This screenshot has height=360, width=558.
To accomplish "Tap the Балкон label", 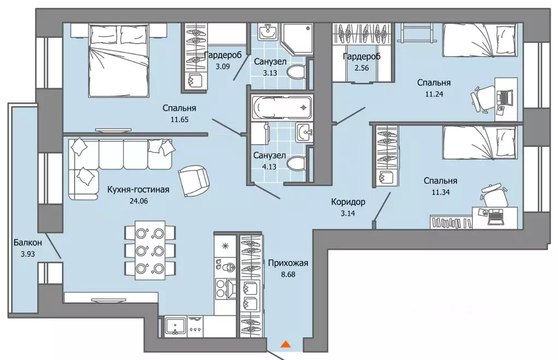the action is pos(28,243).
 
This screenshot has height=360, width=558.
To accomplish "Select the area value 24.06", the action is pos(139,201).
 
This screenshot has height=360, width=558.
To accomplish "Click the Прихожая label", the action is pos(288,263).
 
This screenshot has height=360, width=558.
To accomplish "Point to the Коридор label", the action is pos(348,202).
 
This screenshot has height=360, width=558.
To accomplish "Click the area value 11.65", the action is pos(179,119).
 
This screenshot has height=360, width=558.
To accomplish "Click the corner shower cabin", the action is pos(296,39).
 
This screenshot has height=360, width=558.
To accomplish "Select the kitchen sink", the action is pos(175,326).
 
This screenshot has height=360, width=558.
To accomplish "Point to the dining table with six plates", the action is pos(150,248).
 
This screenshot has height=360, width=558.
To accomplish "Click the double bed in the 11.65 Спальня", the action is pos(118,60).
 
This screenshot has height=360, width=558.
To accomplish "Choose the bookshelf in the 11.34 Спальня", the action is pos(451,221).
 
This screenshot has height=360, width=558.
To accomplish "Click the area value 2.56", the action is pos(362,68).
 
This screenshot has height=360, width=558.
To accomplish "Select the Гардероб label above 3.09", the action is pos(223,55).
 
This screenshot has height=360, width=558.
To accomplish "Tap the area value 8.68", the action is pos(288,274).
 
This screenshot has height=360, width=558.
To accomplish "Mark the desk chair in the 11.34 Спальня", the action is pos(494,195).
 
